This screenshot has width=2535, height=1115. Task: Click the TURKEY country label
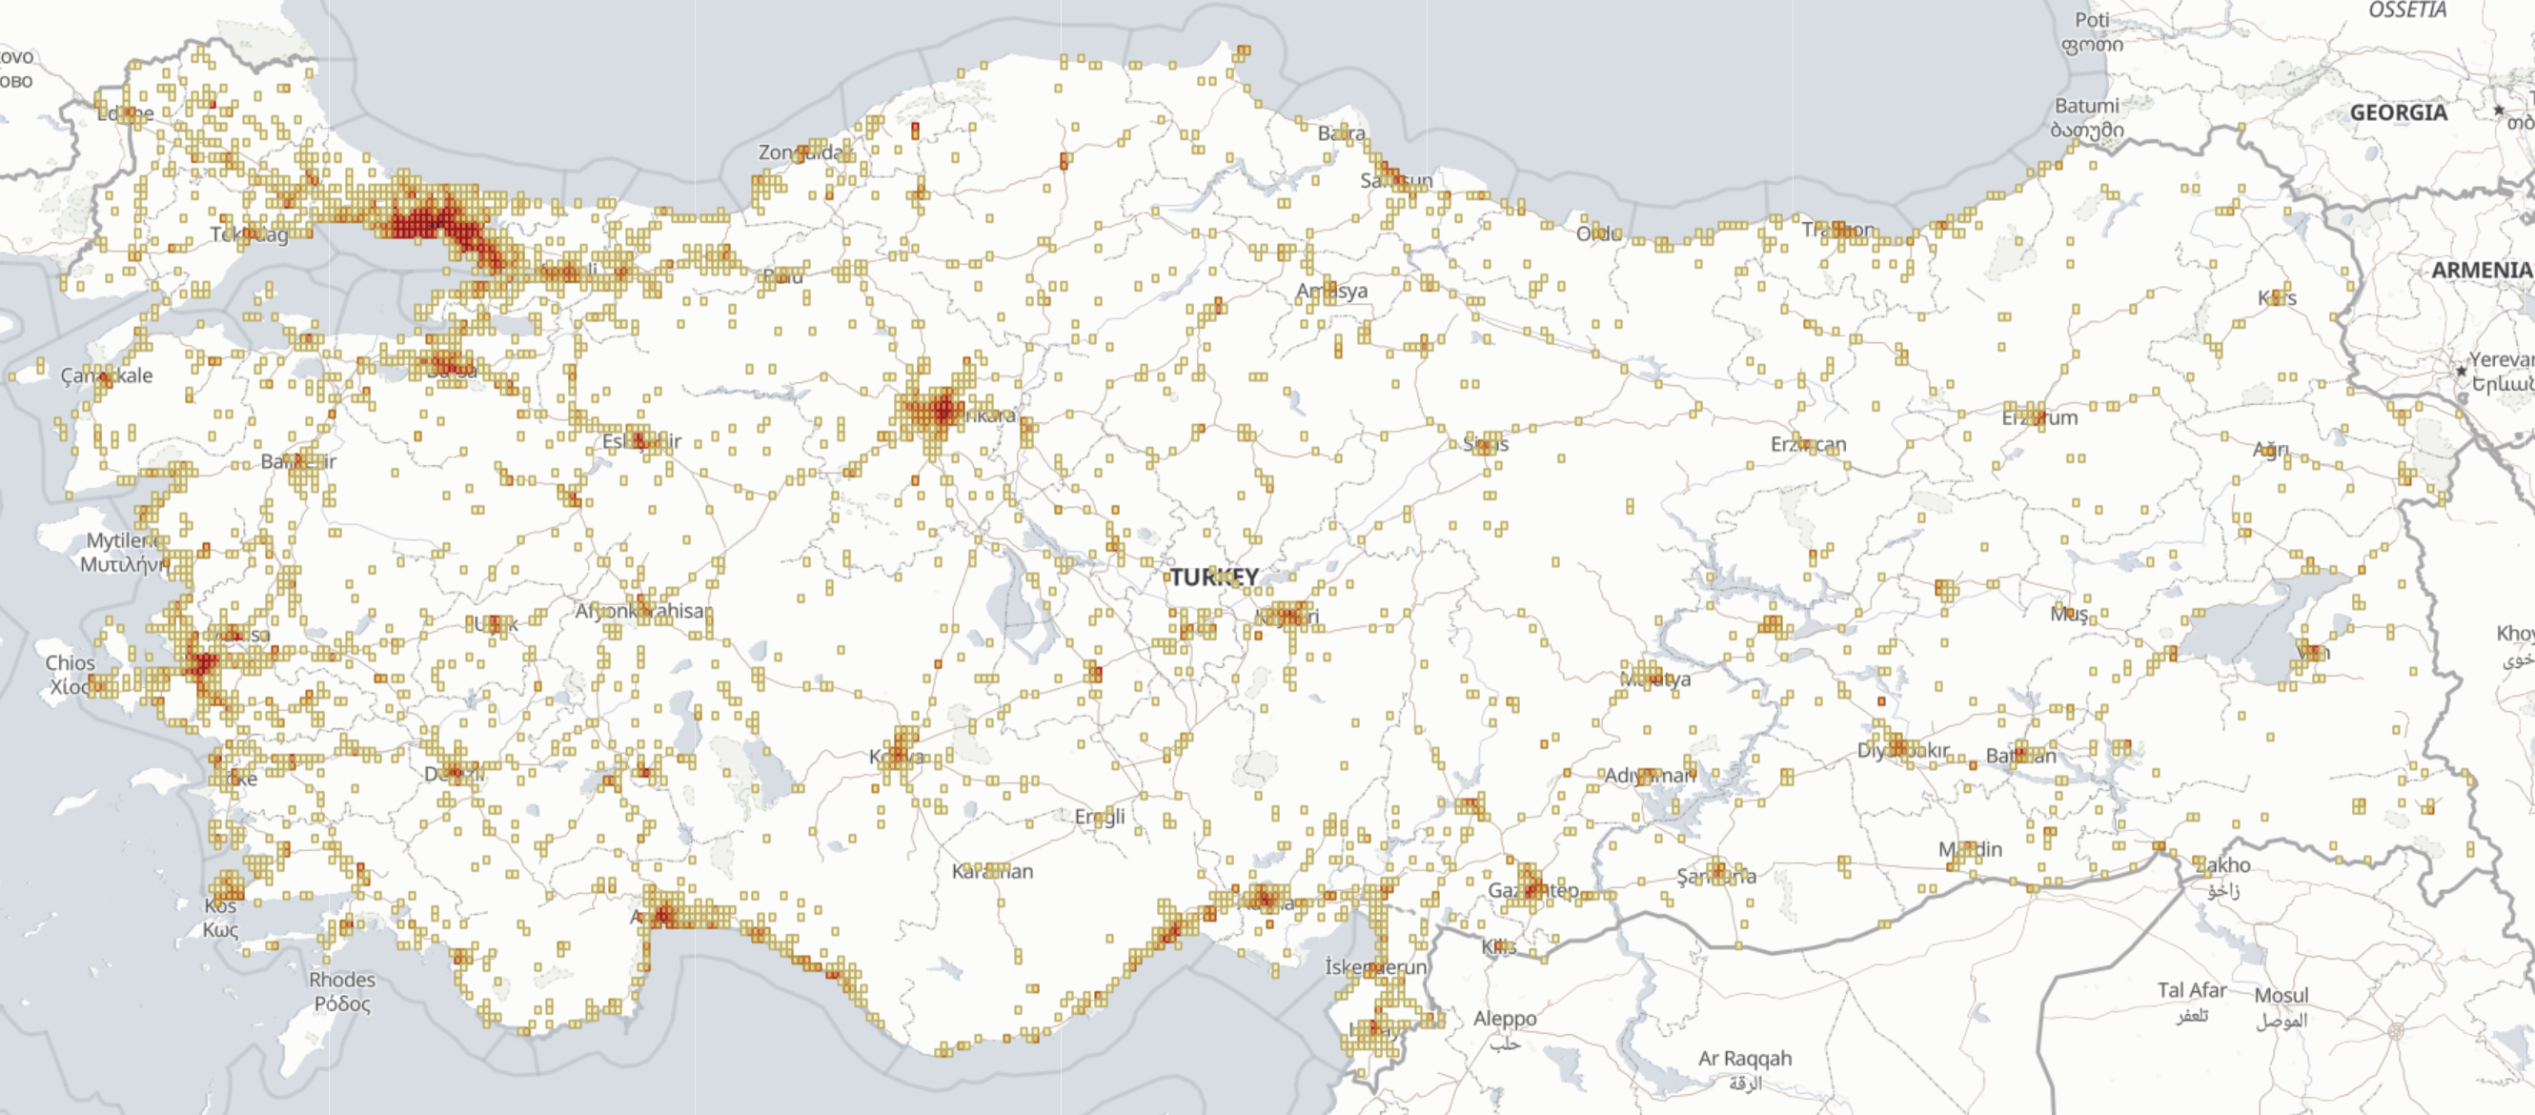(x=1213, y=577)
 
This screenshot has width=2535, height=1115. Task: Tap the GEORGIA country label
(x=2398, y=113)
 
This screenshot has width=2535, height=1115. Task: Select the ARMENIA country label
(x=2481, y=271)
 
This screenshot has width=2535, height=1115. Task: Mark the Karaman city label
(x=992, y=871)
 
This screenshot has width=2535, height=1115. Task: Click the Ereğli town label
(x=1099, y=817)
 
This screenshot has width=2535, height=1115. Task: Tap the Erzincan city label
(x=1809, y=445)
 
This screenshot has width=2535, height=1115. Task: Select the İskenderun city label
(x=1376, y=966)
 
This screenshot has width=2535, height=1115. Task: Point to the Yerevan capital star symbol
(x=2462, y=371)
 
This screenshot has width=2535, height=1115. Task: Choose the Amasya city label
(x=1331, y=292)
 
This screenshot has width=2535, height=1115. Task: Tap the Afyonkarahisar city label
(x=640, y=611)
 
